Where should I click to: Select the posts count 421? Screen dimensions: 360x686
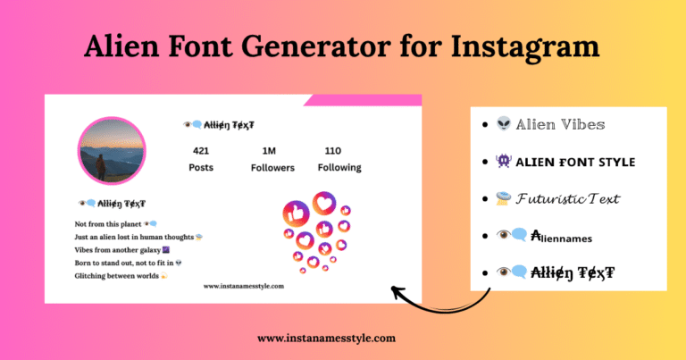point(201,150)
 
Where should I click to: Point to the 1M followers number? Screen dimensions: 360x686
point(269,150)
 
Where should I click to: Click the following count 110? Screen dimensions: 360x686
point(333,150)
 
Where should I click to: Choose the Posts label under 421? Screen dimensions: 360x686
point(201,167)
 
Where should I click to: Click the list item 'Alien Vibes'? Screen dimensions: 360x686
point(559,125)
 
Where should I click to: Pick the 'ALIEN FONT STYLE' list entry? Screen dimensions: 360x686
point(577,162)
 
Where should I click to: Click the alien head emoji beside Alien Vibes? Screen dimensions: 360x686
point(504,125)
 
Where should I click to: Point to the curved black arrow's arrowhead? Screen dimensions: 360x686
point(395,291)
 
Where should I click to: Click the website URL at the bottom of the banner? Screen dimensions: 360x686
point(326,339)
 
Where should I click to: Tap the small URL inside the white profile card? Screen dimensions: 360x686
point(243,286)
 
